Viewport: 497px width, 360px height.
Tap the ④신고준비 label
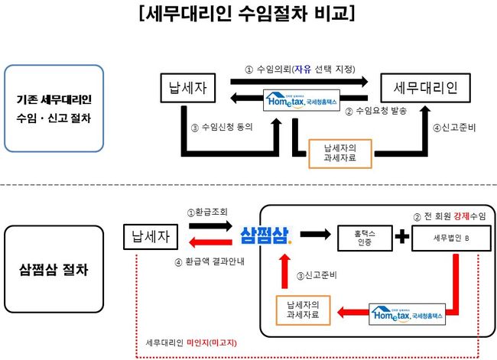[453, 125]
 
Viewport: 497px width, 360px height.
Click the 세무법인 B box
[446, 238]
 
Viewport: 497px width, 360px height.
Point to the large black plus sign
[401, 237]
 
